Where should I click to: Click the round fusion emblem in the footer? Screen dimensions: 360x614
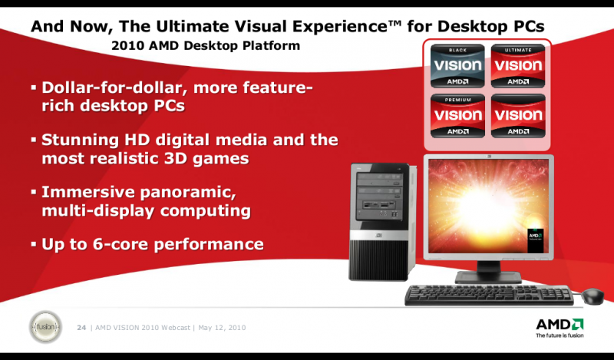click(44, 328)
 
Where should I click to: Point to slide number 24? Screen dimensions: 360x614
click(81, 329)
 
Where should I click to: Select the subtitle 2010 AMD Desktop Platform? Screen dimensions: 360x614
click(206, 46)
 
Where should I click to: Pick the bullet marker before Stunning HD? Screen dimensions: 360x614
click(34, 140)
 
